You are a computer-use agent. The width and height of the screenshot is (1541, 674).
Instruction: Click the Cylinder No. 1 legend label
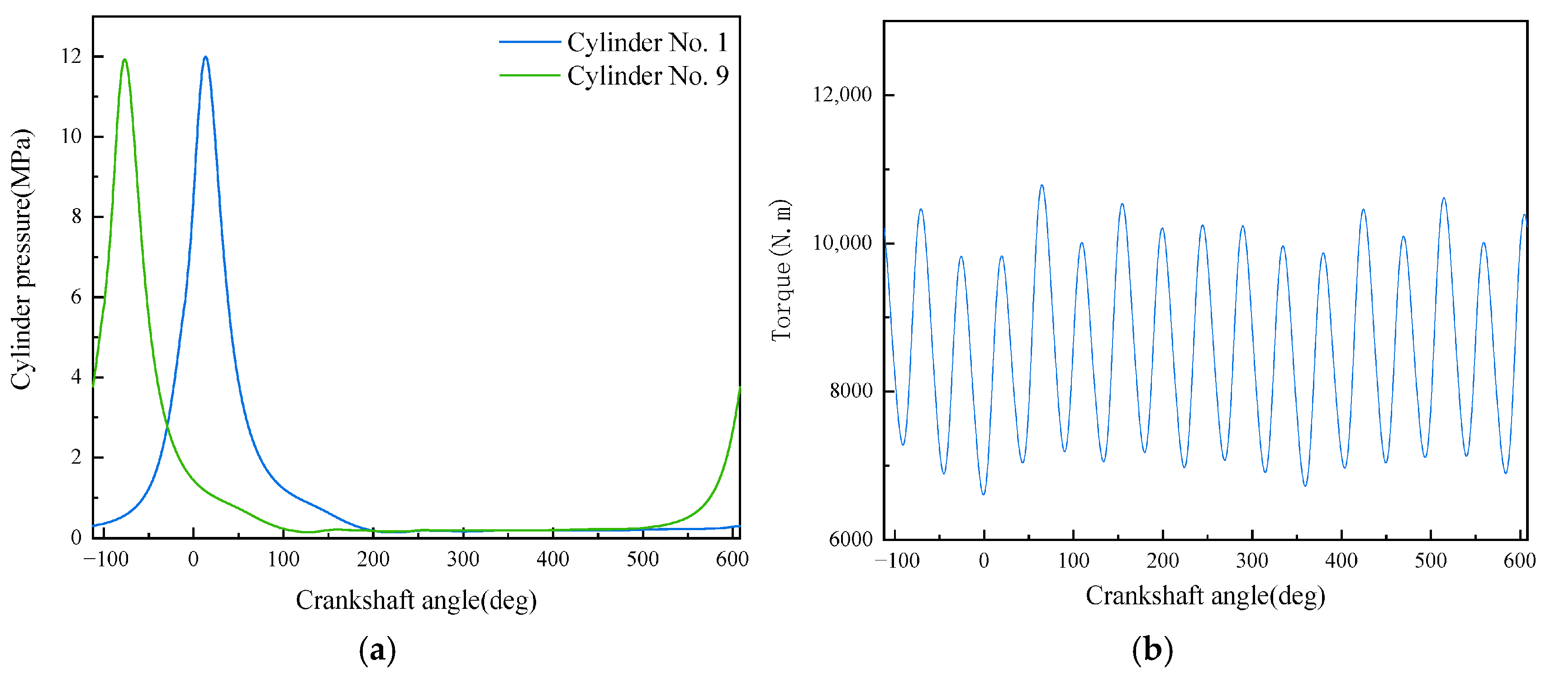(647, 43)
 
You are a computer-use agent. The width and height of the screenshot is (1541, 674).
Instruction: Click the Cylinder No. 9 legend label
(647, 76)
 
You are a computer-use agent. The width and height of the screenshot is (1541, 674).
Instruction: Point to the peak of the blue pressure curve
(205, 57)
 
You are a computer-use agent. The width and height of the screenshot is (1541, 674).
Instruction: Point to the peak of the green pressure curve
(124, 60)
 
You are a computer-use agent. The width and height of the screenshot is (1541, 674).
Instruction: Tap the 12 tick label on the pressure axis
(71, 56)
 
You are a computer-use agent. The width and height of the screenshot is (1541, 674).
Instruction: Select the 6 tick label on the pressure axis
(76, 297)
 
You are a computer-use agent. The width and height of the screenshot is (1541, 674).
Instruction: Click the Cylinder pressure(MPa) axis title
(22, 258)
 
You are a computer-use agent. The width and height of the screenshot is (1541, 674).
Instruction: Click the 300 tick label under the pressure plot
(462, 559)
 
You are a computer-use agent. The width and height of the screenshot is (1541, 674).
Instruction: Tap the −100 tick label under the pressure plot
(105, 559)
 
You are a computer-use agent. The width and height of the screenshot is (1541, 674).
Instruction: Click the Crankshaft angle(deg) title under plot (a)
(416, 600)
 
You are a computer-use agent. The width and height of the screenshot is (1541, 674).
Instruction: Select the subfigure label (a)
(377, 650)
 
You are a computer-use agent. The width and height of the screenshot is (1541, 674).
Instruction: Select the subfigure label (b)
(1152, 650)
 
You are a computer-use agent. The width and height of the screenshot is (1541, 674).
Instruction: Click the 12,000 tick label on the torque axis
(842, 95)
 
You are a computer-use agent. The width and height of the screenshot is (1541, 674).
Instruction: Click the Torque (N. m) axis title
(780, 271)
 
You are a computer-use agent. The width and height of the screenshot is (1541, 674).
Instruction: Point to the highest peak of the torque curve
(1042, 185)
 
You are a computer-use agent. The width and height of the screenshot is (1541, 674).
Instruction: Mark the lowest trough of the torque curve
(984, 494)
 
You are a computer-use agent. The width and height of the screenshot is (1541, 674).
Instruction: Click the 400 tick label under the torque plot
(1341, 560)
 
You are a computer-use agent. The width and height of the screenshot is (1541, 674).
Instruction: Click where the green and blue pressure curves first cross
(167, 425)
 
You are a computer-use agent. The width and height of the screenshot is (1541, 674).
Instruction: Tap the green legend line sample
(529, 76)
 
